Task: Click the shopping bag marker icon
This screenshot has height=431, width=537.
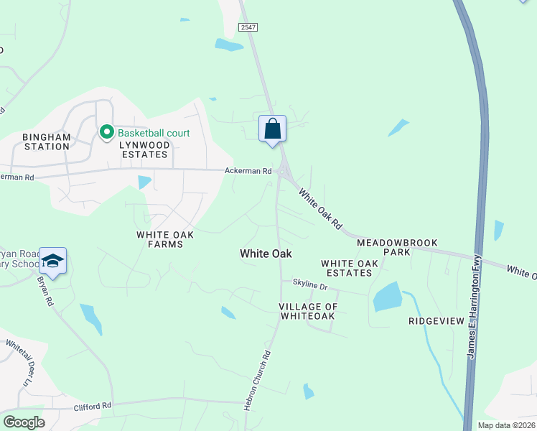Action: pyautogui.click(x=272, y=129)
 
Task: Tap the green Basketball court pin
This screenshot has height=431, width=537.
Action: pyautogui.click(x=107, y=132)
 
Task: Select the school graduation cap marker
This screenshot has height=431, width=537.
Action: pyautogui.click(x=53, y=261)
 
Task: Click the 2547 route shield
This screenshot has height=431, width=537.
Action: pyautogui.click(x=248, y=27)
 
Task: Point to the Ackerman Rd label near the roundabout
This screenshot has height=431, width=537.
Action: pyautogui.click(x=248, y=171)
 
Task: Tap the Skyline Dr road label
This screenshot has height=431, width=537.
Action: pyautogui.click(x=309, y=286)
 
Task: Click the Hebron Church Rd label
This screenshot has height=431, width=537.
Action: pyautogui.click(x=259, y=380)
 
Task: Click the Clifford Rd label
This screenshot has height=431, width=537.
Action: pyautogui.click(x=93, y=406)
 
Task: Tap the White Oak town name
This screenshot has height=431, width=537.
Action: pyautogui.click(x=266, y=254)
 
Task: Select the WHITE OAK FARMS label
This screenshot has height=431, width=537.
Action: pyautogui.click(x=160, y=239)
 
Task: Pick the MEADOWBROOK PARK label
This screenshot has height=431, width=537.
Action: pyautogui.click(x=397, y=248)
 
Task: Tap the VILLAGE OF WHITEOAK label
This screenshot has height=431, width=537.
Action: pyautogui.click(x=307, y=311)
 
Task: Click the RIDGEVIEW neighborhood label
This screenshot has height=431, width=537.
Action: pyautogui.click(x=436, y=321)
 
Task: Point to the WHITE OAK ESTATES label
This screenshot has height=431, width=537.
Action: pyautogui.click(x=350, y=268)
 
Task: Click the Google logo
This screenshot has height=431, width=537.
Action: pyautogui.click(x=24, y=422)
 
